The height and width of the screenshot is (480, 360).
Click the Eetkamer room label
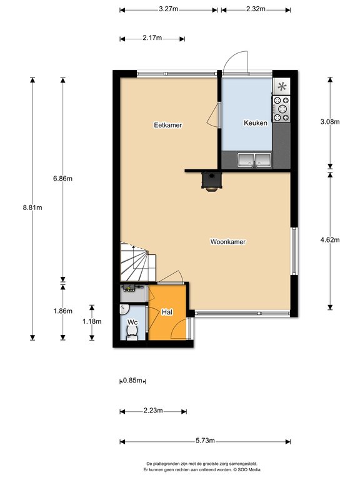coord(167,125)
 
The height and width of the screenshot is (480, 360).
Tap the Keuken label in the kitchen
coord(255,122)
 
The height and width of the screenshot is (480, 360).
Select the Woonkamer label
coord(227,241)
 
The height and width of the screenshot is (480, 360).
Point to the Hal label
coord(167,312)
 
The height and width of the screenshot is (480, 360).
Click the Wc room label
coord(132,322)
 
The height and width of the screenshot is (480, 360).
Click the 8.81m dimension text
coord(32,207)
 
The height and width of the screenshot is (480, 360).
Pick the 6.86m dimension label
coord(62,179)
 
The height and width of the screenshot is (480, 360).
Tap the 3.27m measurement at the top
coord(168,9)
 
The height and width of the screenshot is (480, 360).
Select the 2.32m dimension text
coord(256,9)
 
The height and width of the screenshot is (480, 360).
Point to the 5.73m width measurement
coord(205,441)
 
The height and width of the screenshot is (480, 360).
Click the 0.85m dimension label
coord(132,381)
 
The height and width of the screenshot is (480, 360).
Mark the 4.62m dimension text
coord(330,240)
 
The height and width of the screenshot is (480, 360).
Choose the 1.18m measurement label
coord(92,321)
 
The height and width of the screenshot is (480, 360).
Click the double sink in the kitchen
coord(254,160)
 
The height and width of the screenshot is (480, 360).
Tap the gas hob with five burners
coord(281,109)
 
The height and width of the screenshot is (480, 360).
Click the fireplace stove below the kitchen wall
coord(211,181)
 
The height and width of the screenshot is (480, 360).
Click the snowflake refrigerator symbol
coord(282,87)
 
